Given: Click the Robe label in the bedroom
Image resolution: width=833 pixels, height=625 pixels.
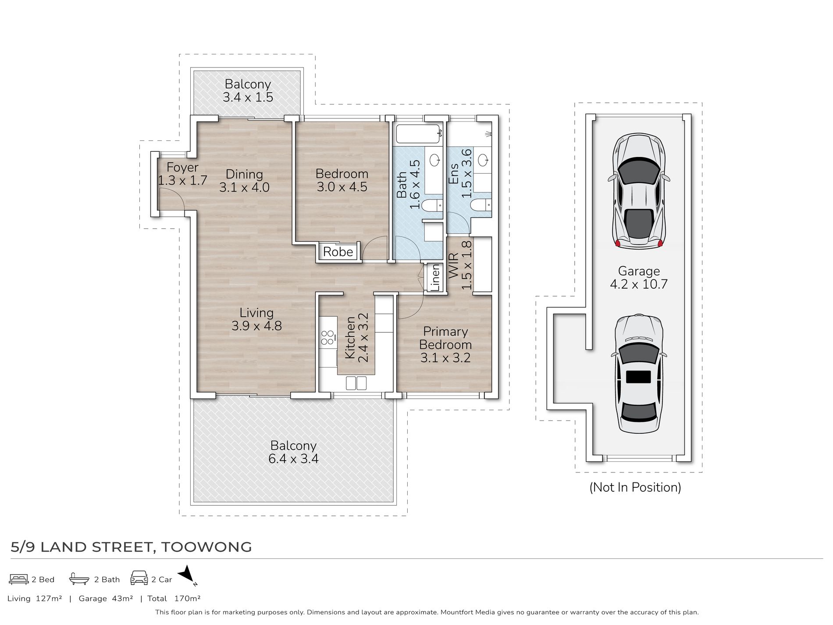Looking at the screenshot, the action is click(x=338, y=252).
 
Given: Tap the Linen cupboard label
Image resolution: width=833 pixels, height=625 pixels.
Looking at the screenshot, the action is click(x=435, y=277).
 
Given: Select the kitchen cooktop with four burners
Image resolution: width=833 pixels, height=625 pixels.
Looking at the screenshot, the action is click(x=328, y=337).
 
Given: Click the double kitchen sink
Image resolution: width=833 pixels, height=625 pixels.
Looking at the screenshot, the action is click(x=356, y=383).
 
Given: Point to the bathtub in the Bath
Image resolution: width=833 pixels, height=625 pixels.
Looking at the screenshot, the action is click(x=418, y=134).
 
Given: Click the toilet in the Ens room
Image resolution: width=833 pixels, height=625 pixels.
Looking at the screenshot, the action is click(x=480, y=205).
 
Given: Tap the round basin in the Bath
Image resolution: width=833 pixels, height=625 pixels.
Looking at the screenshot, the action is click(x=435, y=160).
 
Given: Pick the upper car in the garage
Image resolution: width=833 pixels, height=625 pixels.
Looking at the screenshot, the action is click(x=639, y=191).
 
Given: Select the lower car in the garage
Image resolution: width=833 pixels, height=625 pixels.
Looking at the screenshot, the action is click(x=639, y=374).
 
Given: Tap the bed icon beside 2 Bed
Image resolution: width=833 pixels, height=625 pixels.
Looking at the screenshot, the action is click(x=19, y=579).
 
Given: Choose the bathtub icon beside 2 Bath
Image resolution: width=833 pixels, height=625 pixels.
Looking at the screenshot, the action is click(x=79, y=579).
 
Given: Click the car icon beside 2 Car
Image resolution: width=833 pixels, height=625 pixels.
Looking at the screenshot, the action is click(x=139, y=578).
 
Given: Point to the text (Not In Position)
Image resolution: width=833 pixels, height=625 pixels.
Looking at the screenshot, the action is click(x=635, y=487).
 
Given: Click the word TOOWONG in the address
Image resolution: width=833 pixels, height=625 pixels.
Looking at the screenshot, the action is click(x=206, y=547).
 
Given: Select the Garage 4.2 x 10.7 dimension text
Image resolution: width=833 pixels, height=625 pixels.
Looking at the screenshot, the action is click(x=639, y=278).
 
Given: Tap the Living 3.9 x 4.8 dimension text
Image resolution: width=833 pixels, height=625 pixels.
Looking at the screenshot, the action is click(x=256, y=319).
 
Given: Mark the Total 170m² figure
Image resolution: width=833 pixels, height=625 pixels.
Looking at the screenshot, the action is click(x=174, y=598).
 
